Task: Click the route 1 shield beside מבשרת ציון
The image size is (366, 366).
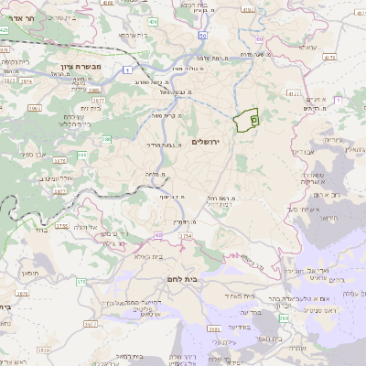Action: (132, 69)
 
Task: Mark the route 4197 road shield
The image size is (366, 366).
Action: (292, 92)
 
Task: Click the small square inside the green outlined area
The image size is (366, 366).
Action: (253, 119)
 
